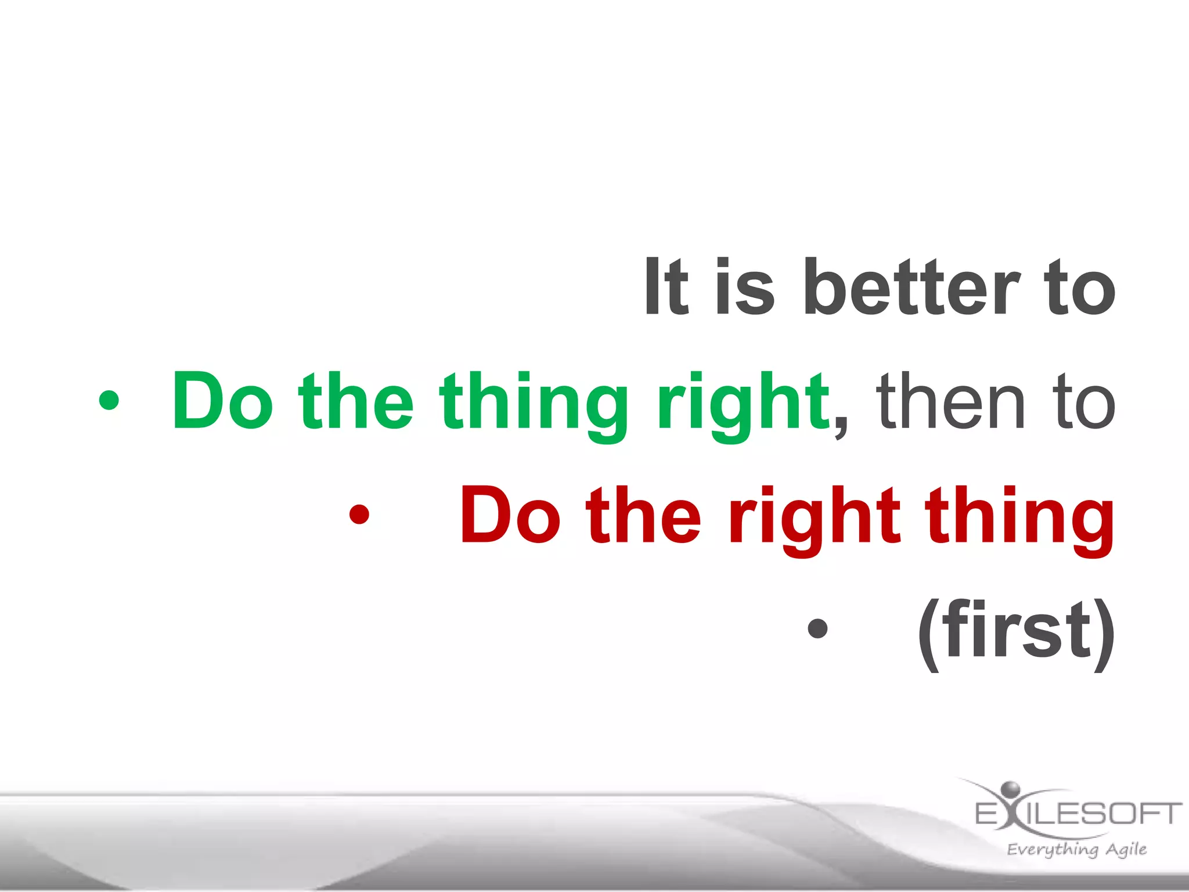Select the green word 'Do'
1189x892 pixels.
[x=222, y=402]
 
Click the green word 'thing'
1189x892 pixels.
[x=533, y=407]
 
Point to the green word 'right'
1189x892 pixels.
[x=743, y=407]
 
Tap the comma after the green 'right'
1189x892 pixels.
[x=840, y=430]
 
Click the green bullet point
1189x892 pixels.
[x=109, y=401]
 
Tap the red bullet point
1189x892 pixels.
[x=359, y=515]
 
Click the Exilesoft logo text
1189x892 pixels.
[x=1079, y=813]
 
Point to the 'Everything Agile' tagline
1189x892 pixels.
[x=1077, y=849]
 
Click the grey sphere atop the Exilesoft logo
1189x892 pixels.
[x=1011, y=789]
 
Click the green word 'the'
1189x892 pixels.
[x=355, y=402]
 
